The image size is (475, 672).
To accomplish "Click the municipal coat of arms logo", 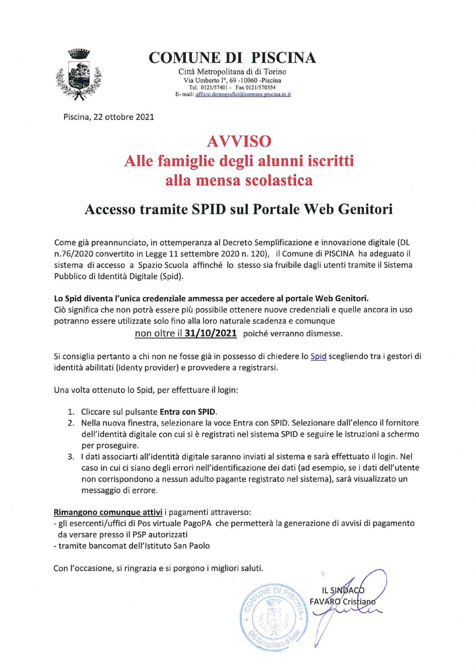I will pyautogui.click(x=79, y=75).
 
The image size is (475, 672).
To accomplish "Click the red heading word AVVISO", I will pyautogui.click(x=239, y=141).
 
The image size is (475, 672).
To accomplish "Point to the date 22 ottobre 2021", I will pyautogui.click(x=123, y=117).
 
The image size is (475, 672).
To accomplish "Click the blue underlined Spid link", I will pyautogui.click(x=318, y=357).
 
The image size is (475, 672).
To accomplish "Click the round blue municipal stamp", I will pyautogui.click(x=272, y=616).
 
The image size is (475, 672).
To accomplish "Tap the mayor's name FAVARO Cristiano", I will pyautogui.click(x=342, y=601).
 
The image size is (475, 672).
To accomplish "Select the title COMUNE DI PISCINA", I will pyautogui.click(x=232, y=58).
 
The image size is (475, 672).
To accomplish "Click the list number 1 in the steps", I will pyautogui.click(x=71, y=412).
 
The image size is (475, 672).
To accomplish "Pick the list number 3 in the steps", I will pyautogui.click(x=71, y=457).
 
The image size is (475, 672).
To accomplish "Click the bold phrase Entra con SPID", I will pyautogui.click(x=188, y=412).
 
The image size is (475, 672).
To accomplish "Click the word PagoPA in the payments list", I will pyautogui.click(x=197, y=523).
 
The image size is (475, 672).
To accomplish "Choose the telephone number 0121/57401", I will pyautogui.click(x=214, y=87).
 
